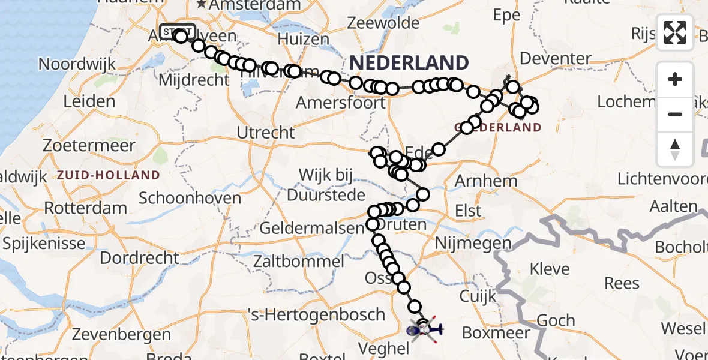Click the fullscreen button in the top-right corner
click(x=675, y=32)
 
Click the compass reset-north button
click(x=675, y=149)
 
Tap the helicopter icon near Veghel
click(x=425, y=329)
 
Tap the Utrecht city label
click(x=266, y=133)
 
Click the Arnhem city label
click(x=486, y=181)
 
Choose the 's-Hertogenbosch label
click(x=316, y=314)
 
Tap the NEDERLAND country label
click(x=409, y=62)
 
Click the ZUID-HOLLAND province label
click(x=109, y=175)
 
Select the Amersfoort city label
click(x=341, y=103)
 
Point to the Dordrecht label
click(x=139, y=258)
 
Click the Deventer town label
click(x=556, y=59)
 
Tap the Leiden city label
click(x=89, y=101)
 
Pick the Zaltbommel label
click(x=299, y=262)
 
